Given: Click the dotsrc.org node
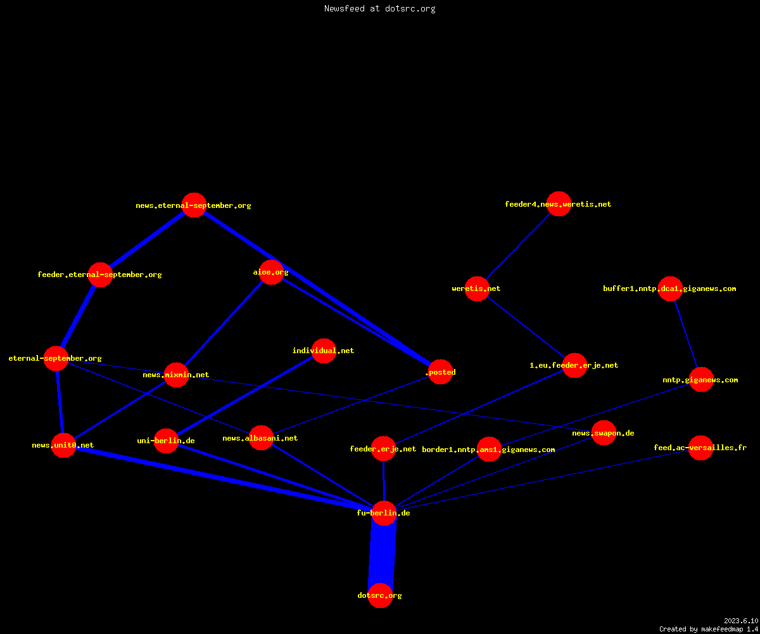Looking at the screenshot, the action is click(380, 595).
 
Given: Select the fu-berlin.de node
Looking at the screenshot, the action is click(384, 513).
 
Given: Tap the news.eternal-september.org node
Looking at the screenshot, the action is click(194, 205).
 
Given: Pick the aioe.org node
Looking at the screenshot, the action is click(271, 272).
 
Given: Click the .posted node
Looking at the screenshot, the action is click(440, 372).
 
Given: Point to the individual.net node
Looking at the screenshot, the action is click(324, 351).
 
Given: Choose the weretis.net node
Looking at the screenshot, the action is click(477, 288).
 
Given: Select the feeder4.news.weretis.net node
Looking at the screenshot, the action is click(559, 204).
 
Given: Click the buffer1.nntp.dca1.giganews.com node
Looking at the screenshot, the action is click(670, 288).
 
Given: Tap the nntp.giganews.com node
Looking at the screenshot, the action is click(701, 380).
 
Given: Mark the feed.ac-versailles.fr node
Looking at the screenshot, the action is click(700, 448).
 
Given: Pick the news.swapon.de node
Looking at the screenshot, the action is click(604, 433).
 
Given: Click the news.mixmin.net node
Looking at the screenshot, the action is click(177, 375).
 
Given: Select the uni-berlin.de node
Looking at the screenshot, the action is click(166, 441).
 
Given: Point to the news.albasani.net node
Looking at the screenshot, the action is click(261, 438).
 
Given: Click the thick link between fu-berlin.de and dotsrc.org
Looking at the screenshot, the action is click(382, 554).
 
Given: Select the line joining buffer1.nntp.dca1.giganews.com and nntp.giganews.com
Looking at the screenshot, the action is click(686, 334).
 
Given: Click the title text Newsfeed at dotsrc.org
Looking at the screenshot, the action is click(379, 8).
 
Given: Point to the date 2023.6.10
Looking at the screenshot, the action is click(741, 621).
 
